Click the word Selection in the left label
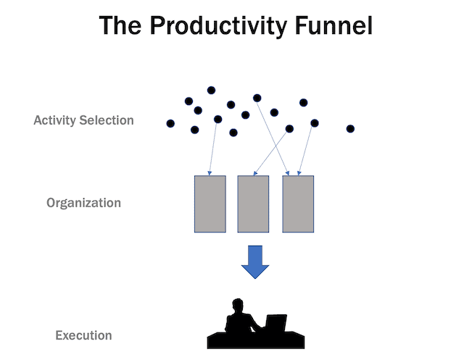click(x=107, y=120)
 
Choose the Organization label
click(x=83, y=203)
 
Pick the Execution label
click(x=83, y=335)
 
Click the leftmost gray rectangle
click(x=210, y=204)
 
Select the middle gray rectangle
click(x=254, y=204)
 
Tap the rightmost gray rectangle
click(x=298, y=204)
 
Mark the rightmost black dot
click(x=350, y=129)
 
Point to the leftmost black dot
click(x=170, y=123)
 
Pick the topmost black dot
click(x=211, y=91)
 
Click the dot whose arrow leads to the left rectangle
click(x=217, y=120)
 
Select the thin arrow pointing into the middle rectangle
click(x=272, y=152)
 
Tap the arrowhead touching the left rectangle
click(x=210, y=173)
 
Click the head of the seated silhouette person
click(x=236, y=305)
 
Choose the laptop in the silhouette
click(x=276, y=322)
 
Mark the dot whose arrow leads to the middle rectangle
click(x=289, y=129)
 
